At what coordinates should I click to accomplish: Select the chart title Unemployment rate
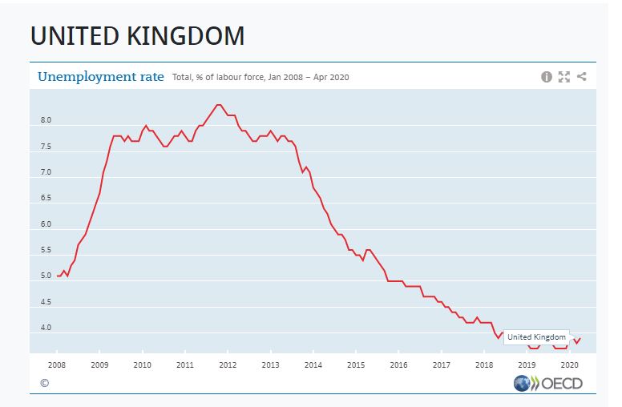(x=101, y=77)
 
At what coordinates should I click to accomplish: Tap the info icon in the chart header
(x=547, y=77)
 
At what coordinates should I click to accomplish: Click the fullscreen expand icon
(x=564, y=77)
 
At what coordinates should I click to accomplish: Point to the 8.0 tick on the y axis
(x=46, y=120)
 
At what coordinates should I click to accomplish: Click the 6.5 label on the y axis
(x=46, y=198)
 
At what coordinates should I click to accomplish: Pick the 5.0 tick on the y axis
(x=46, y=276)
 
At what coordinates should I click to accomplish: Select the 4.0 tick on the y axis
(x=46, y=328)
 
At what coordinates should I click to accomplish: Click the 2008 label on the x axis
(x=57, y=365)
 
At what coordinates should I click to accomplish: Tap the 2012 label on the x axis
(x=228, y=365)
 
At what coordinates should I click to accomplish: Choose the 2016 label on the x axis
(x=398, y=365)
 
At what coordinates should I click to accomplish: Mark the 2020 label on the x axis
(x=569, y=365)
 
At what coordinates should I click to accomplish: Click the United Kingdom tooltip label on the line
(x=536, y=337)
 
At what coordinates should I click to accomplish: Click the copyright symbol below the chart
(x=44, y=383)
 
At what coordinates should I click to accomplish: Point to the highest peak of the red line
(x=219, y=105)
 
